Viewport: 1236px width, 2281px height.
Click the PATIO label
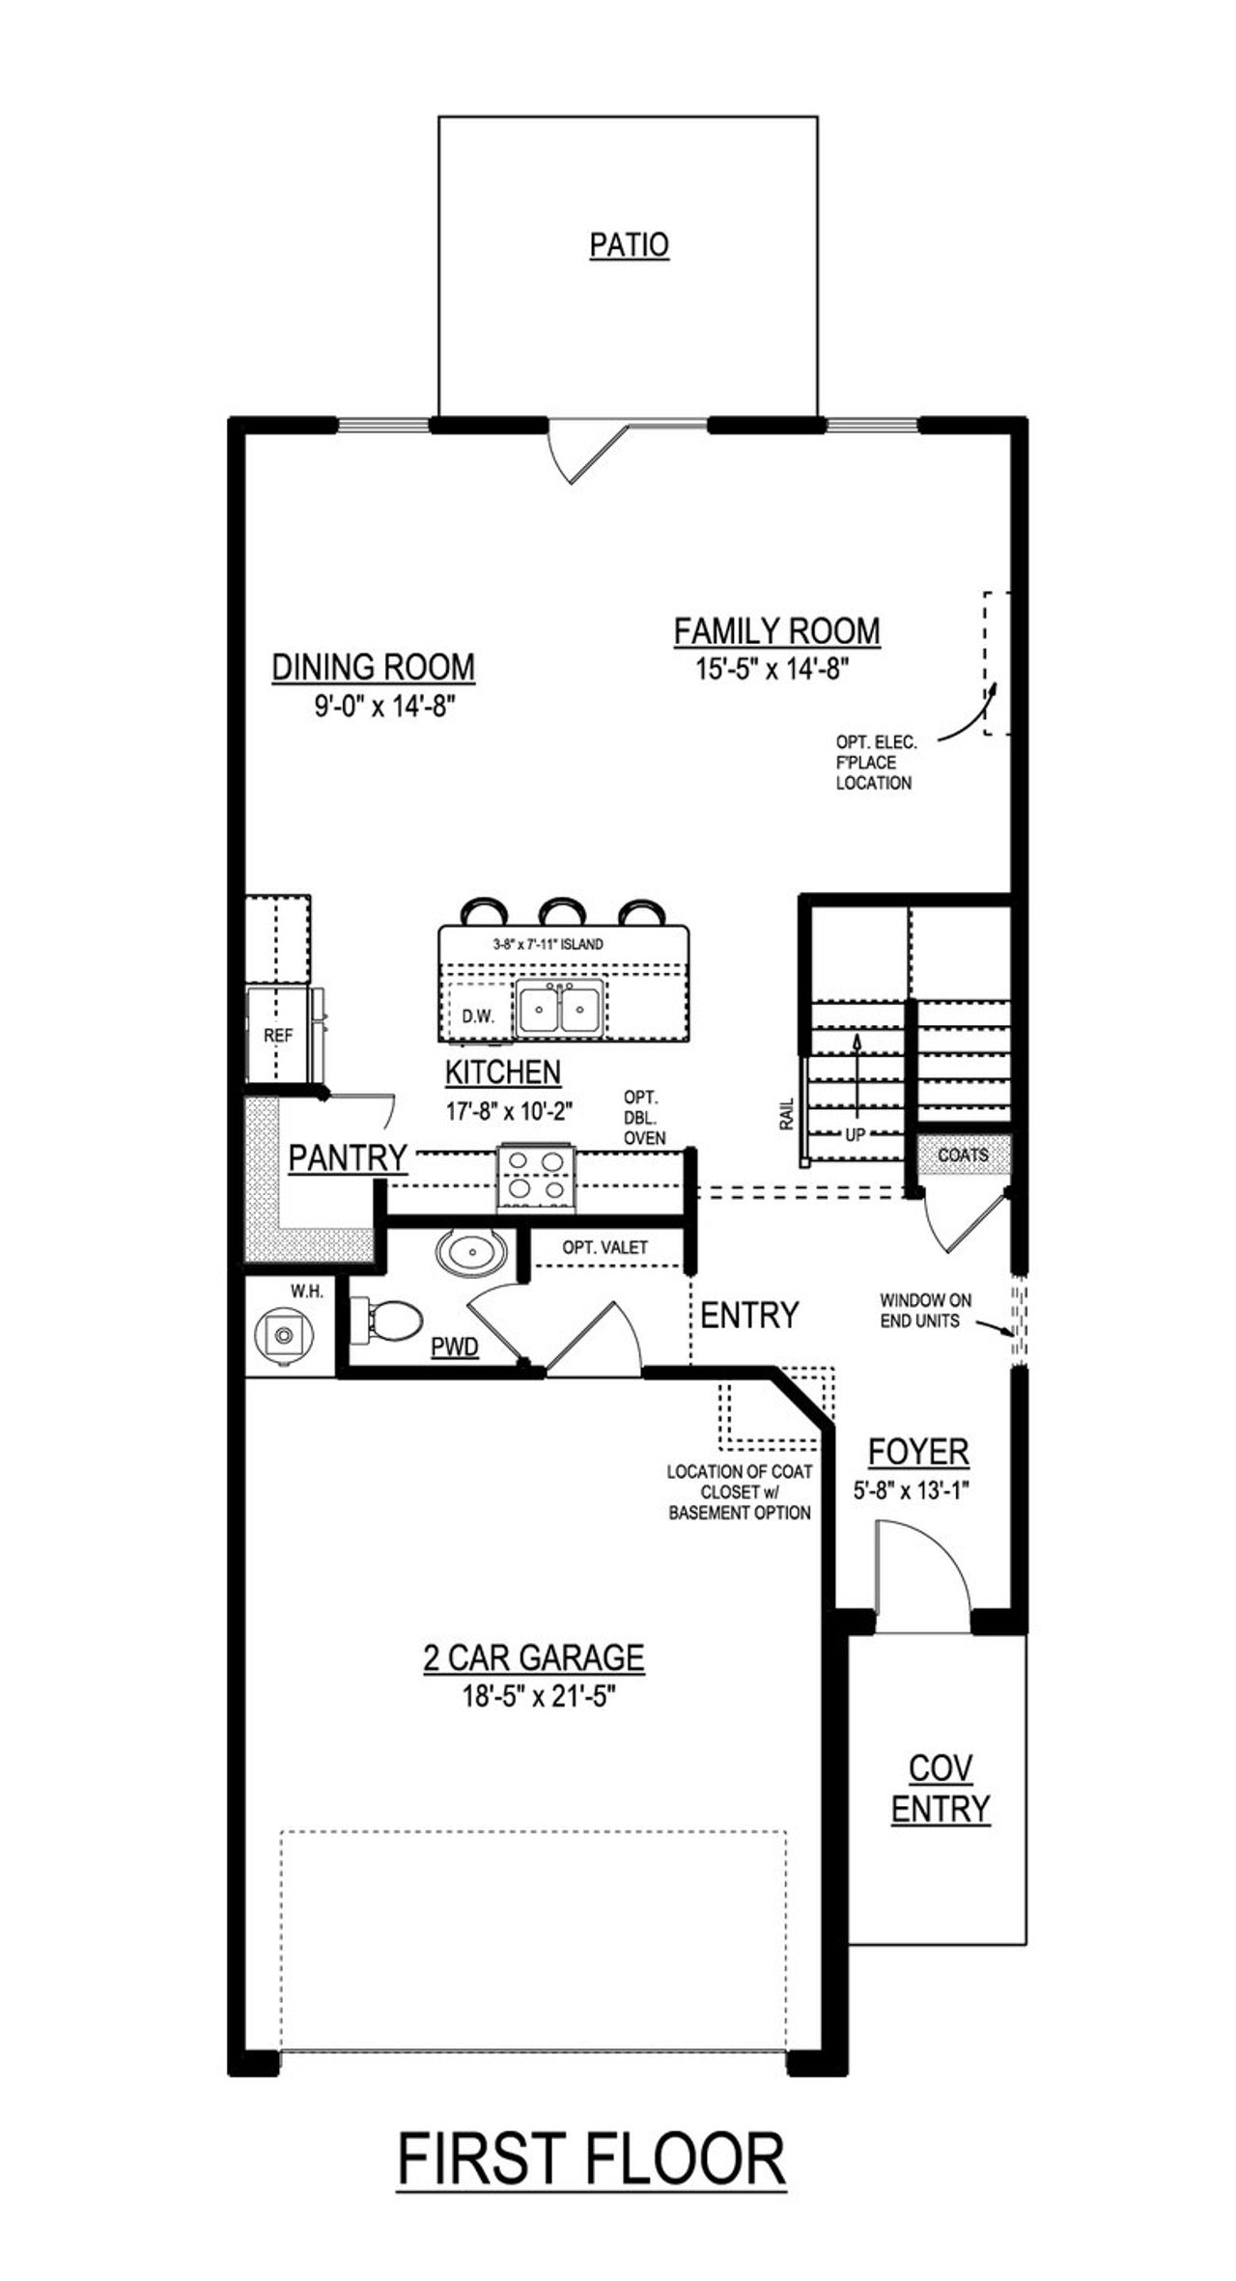point(629,245)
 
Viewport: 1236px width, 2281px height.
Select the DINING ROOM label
point(373,667)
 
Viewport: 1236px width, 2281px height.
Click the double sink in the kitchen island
point(559,1011)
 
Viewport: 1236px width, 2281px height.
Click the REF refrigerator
point(278,1035)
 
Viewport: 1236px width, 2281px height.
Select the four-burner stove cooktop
point(536,1176)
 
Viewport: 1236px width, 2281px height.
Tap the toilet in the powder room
point(386,1320)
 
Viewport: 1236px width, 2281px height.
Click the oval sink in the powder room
point(471,1253)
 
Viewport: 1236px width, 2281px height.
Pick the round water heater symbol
point(283,1335)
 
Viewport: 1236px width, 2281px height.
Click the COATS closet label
point(963,1154)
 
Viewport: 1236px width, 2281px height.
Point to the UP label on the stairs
point(855,1136)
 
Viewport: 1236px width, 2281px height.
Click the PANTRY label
point(347,1157)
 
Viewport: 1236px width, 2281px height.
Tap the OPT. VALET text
point(604,1247)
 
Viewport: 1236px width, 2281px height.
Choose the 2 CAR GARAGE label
point(534,1656)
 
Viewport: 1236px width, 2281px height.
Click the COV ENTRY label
point(940,1788)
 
